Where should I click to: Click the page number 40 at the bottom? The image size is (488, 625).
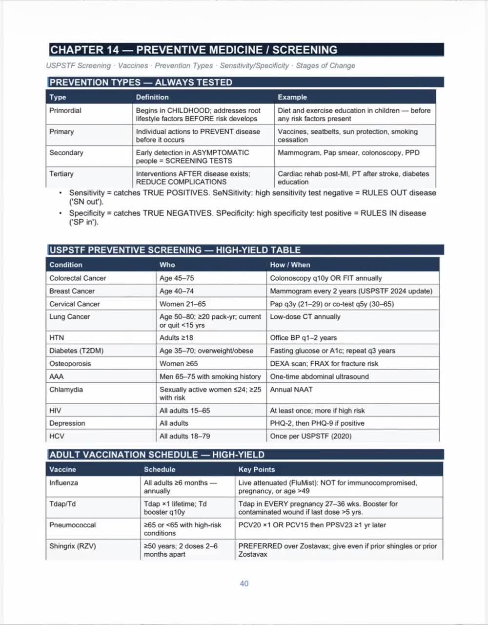[x=244, y=583]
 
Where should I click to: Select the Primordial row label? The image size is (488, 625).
[x=65, y=111]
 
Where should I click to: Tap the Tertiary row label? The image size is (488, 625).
[x=61, y=174]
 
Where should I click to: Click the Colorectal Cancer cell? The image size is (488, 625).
[x=78, y=278]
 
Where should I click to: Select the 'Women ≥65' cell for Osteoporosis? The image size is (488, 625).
[x=179, y=364]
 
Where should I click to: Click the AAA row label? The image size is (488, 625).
[x=57, y=376]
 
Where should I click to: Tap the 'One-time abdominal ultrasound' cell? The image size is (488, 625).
[x=319, y=376]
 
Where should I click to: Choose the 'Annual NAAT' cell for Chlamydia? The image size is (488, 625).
[x=291, y=390]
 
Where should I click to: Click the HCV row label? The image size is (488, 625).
[x=57, y=436]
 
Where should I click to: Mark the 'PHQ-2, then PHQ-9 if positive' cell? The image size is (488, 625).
[x=317, y=423]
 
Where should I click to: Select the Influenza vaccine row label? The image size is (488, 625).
[x=63, y=483]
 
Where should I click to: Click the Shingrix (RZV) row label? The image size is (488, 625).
[x=73, y=546]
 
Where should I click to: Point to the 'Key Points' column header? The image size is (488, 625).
[x=257, y=470]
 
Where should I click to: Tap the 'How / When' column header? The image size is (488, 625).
[x=290, y=265]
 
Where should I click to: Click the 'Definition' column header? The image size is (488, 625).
[x=152, y=97]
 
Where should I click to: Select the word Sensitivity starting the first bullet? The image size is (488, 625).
[x=87, y=193]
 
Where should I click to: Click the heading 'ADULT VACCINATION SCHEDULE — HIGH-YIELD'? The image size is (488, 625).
[x=157, y=455]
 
